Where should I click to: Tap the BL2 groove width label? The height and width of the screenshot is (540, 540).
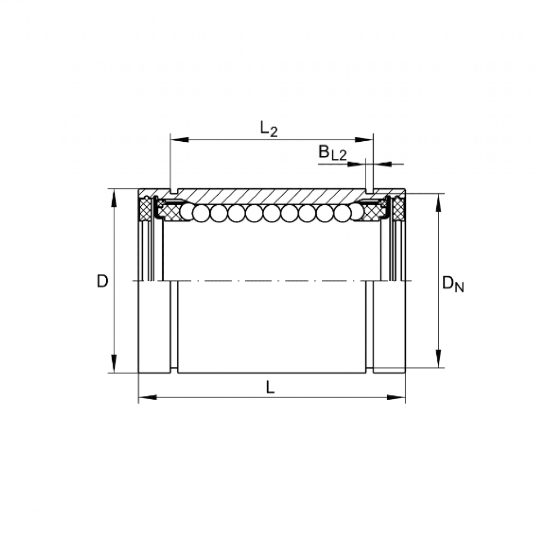click(x=333, y=153)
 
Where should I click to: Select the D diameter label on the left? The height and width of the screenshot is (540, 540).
click(x=103, y=282)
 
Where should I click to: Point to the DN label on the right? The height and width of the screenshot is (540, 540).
click(x=452, y=284)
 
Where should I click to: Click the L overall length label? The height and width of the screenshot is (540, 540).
click(x=270, y=387)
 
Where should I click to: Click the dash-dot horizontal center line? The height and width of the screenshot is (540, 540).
click(x=270, y=281)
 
